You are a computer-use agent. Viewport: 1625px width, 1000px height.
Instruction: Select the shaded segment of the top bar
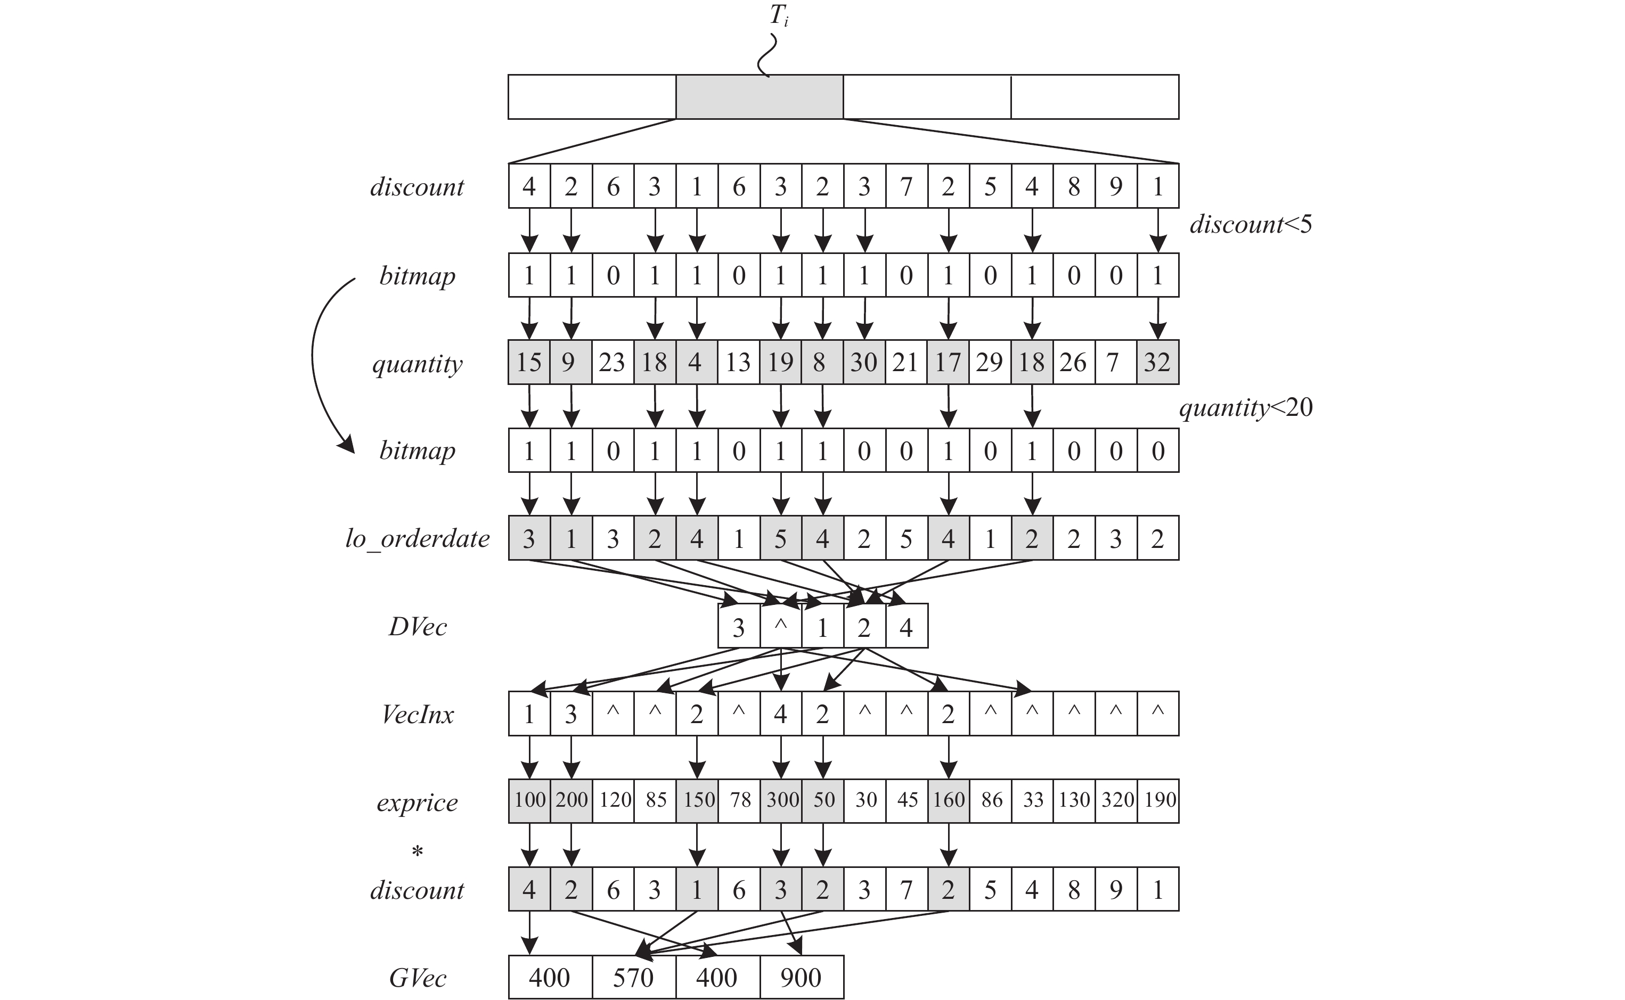point(760,97)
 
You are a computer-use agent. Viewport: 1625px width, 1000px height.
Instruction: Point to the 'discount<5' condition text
point(1251,225)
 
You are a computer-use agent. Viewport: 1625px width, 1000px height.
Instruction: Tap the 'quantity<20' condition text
point(1246,407)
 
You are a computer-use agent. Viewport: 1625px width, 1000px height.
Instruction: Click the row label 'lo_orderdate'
point(418,538)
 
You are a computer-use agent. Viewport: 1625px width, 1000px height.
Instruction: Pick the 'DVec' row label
point(418,626)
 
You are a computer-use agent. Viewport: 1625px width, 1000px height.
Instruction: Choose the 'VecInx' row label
point(418,714)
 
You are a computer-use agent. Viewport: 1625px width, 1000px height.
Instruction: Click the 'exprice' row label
point(418,802)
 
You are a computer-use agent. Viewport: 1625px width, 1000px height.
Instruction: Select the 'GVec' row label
point(418,978)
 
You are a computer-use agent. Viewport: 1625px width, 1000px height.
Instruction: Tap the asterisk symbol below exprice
point(418,852)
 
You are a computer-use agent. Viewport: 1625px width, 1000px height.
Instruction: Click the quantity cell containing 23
point(613,363)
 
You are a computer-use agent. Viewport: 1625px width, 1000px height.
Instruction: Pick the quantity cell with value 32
point(1157,363)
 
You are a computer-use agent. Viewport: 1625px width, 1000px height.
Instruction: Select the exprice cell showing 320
point(1116,800)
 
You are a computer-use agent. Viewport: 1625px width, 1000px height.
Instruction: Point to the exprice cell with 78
point(739,800)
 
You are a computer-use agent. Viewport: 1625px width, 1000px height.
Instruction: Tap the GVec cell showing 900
point(801,977)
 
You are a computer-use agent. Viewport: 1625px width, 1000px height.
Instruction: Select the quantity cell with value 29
point(990,363)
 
